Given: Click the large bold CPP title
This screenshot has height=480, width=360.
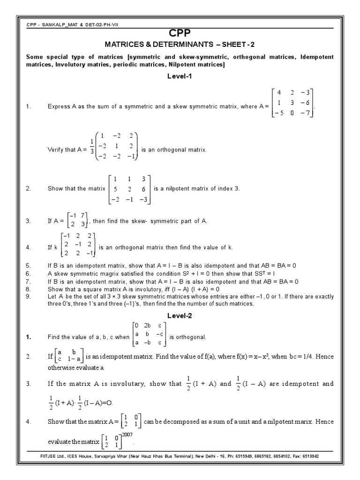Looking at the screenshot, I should coord(180,32).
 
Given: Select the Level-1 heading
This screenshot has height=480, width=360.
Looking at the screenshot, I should coord(180,76).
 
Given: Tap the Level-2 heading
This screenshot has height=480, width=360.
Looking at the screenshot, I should coord(180,315).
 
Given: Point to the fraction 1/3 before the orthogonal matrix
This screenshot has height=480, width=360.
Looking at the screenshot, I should coord(91,146).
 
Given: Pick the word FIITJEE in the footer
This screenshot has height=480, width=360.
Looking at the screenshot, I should coord(50,455).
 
